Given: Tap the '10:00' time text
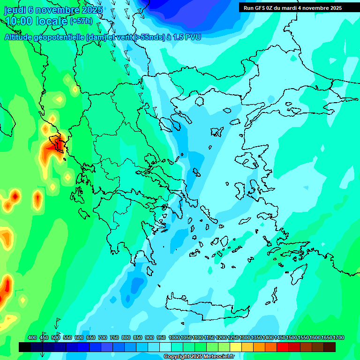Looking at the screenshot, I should coord(19,21).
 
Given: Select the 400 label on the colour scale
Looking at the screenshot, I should coord(32,337).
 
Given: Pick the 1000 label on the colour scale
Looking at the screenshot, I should coord(174,337).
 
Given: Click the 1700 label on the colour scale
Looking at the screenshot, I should coord(338,337).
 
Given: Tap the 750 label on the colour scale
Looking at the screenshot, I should coord(114,337).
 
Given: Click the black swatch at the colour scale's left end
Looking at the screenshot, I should coord(25,347).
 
